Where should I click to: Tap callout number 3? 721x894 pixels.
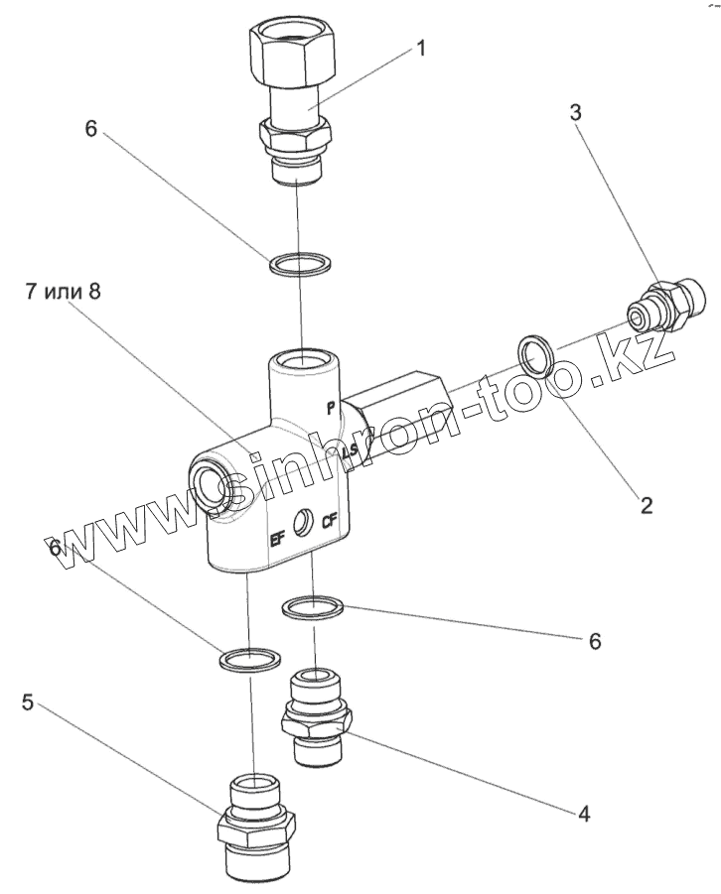pyautogui.click(x=575, y=112)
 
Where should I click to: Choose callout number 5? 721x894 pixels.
pyautogui.click(x=29, y=703)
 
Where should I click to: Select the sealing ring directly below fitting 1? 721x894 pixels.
pyautogui.click(x=300, y=263)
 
